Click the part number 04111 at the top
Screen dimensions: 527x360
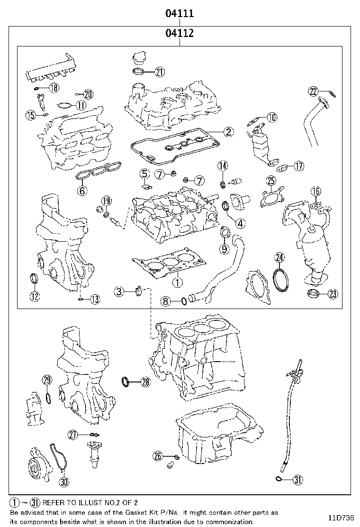point(180,14)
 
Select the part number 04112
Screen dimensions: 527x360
point(180,34)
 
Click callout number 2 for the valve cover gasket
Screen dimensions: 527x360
point(228,132)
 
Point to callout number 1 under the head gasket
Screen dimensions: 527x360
point(176,283)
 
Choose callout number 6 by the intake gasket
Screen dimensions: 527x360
point(81,191)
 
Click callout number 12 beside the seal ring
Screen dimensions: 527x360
point(35,297)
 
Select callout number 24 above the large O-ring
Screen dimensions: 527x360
point(279,258)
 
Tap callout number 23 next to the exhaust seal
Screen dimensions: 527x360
point(333,294)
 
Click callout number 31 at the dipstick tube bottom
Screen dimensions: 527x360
point(297,480)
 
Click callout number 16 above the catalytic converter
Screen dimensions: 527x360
point(316,191)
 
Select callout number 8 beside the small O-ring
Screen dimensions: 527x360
point(165,301)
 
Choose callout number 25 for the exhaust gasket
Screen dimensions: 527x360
point(270,181)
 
